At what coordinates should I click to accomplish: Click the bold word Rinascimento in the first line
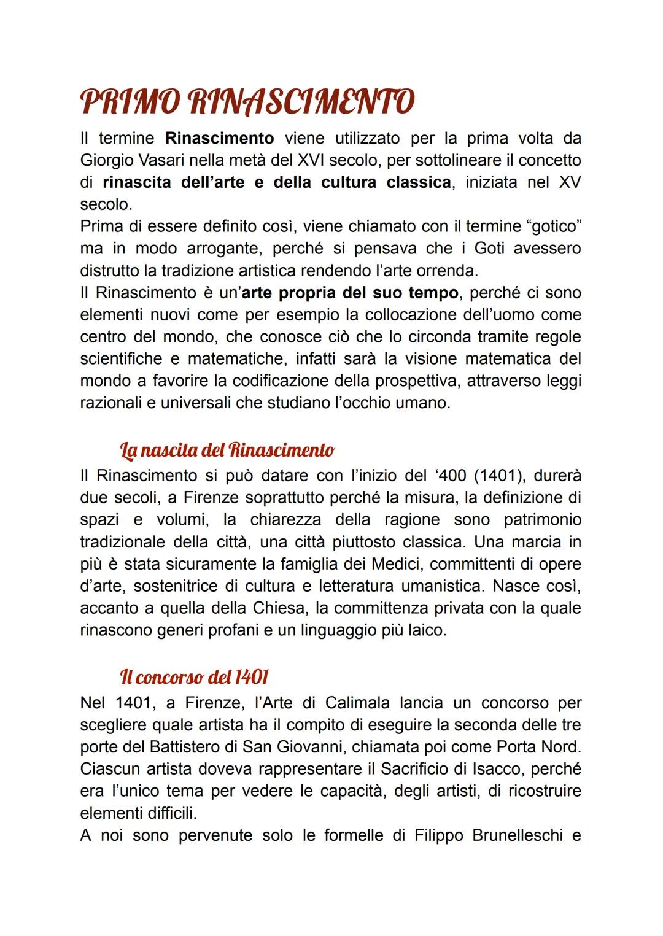coord(219,138)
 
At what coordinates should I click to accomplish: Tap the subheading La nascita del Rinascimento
coord(227,451)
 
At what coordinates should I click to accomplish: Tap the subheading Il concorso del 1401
coord(195,678)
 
